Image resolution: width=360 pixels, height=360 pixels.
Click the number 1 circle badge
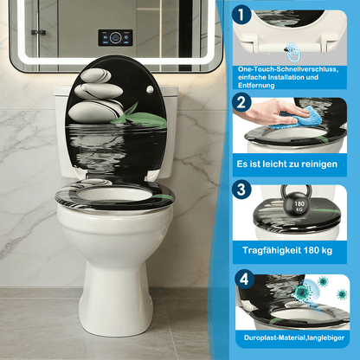pyautogui.click(x=241, y=15)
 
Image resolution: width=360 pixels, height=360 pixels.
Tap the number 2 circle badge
pyautogui.click(x=242, y=102)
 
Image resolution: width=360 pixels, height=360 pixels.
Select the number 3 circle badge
pyautogui.click(x=242, y=189)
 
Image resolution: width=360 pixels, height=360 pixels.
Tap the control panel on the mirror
pyautogui.click(x=115, y=37)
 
